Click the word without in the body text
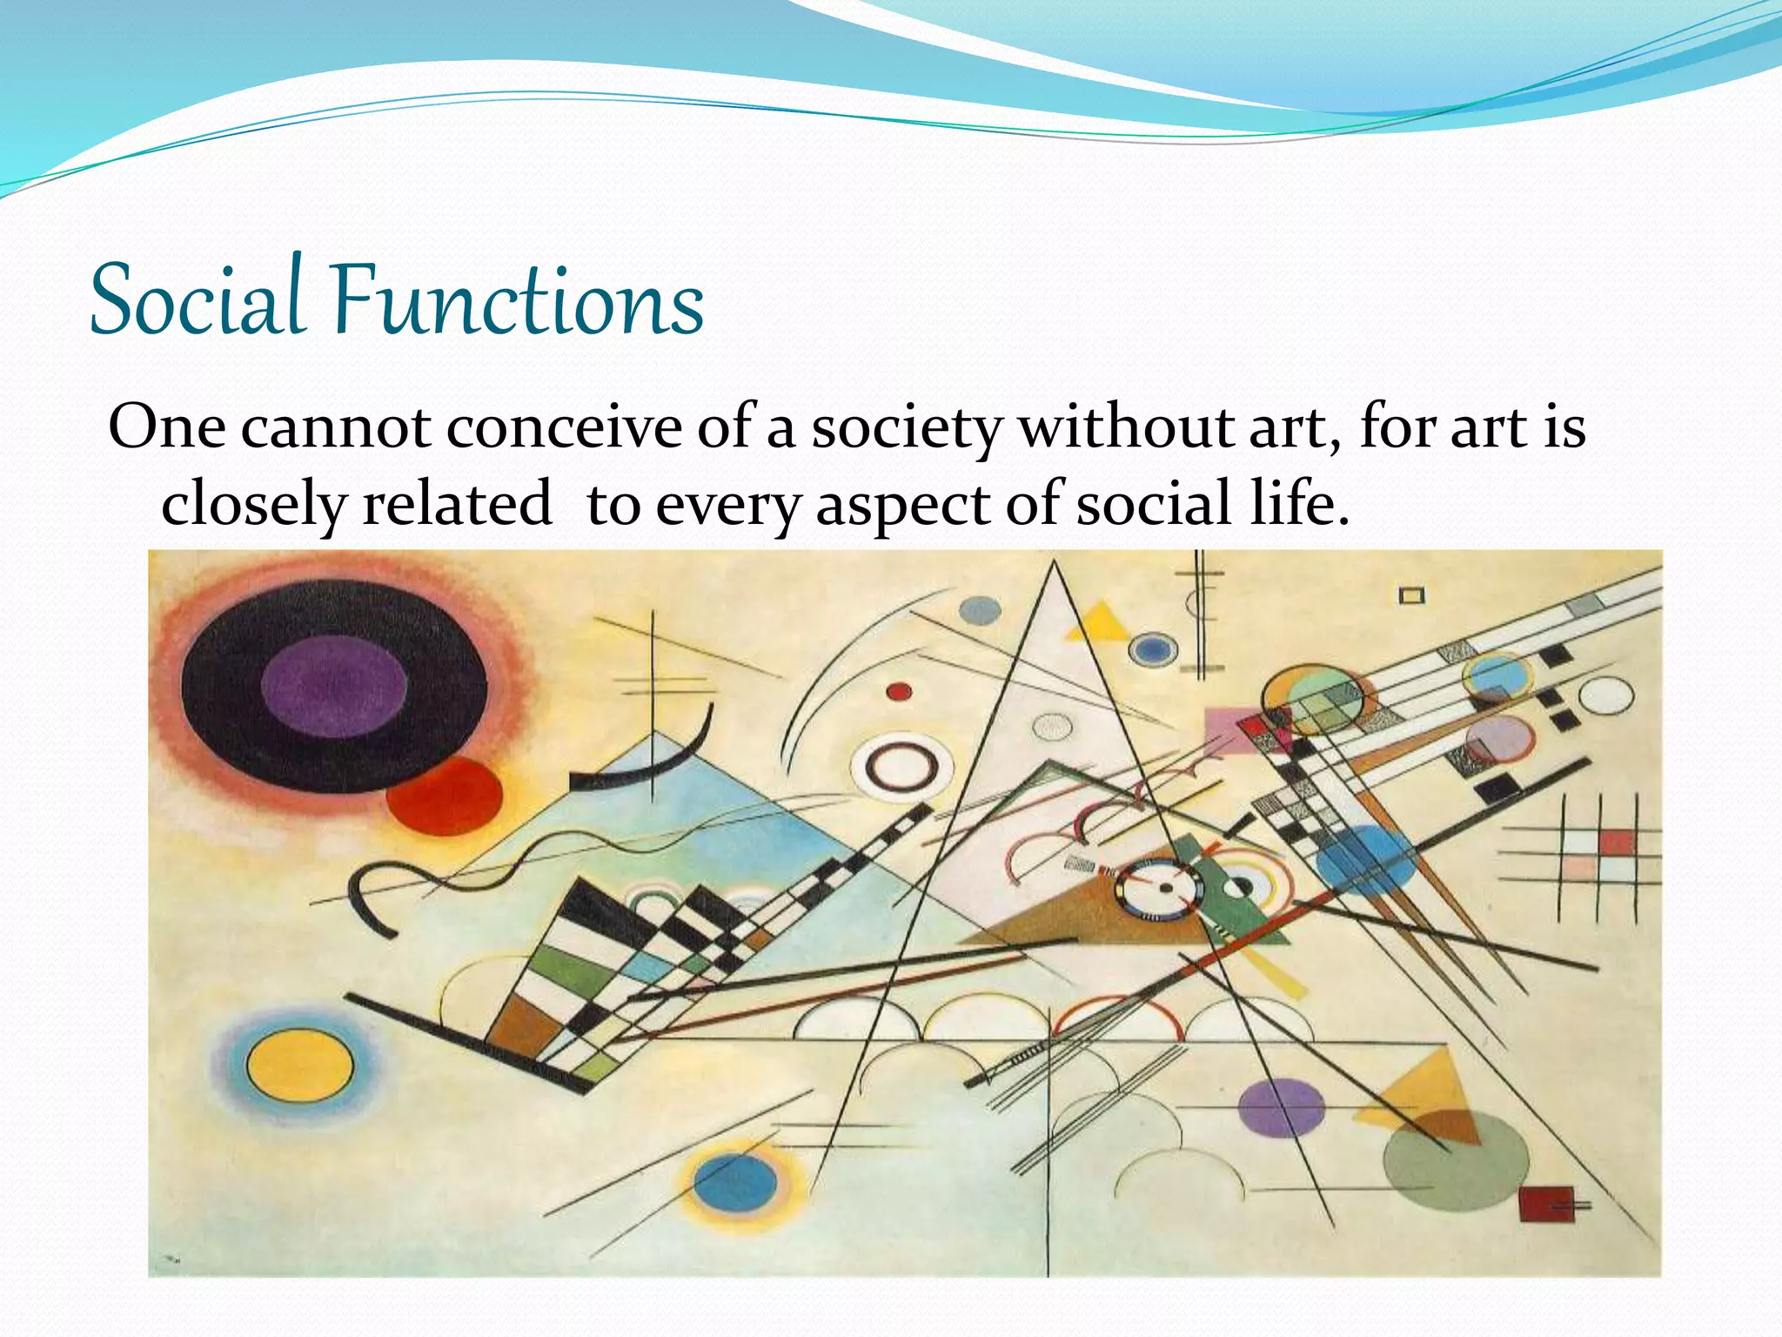tap(1126, 427)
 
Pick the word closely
tap(253, 505)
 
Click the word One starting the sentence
tap(166, 427)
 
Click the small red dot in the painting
tap(899, 692)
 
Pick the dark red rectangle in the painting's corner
tap(1546, 1204)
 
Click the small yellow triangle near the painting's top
tap(1098, 622)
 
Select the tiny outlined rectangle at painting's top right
tap(1411, 595)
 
